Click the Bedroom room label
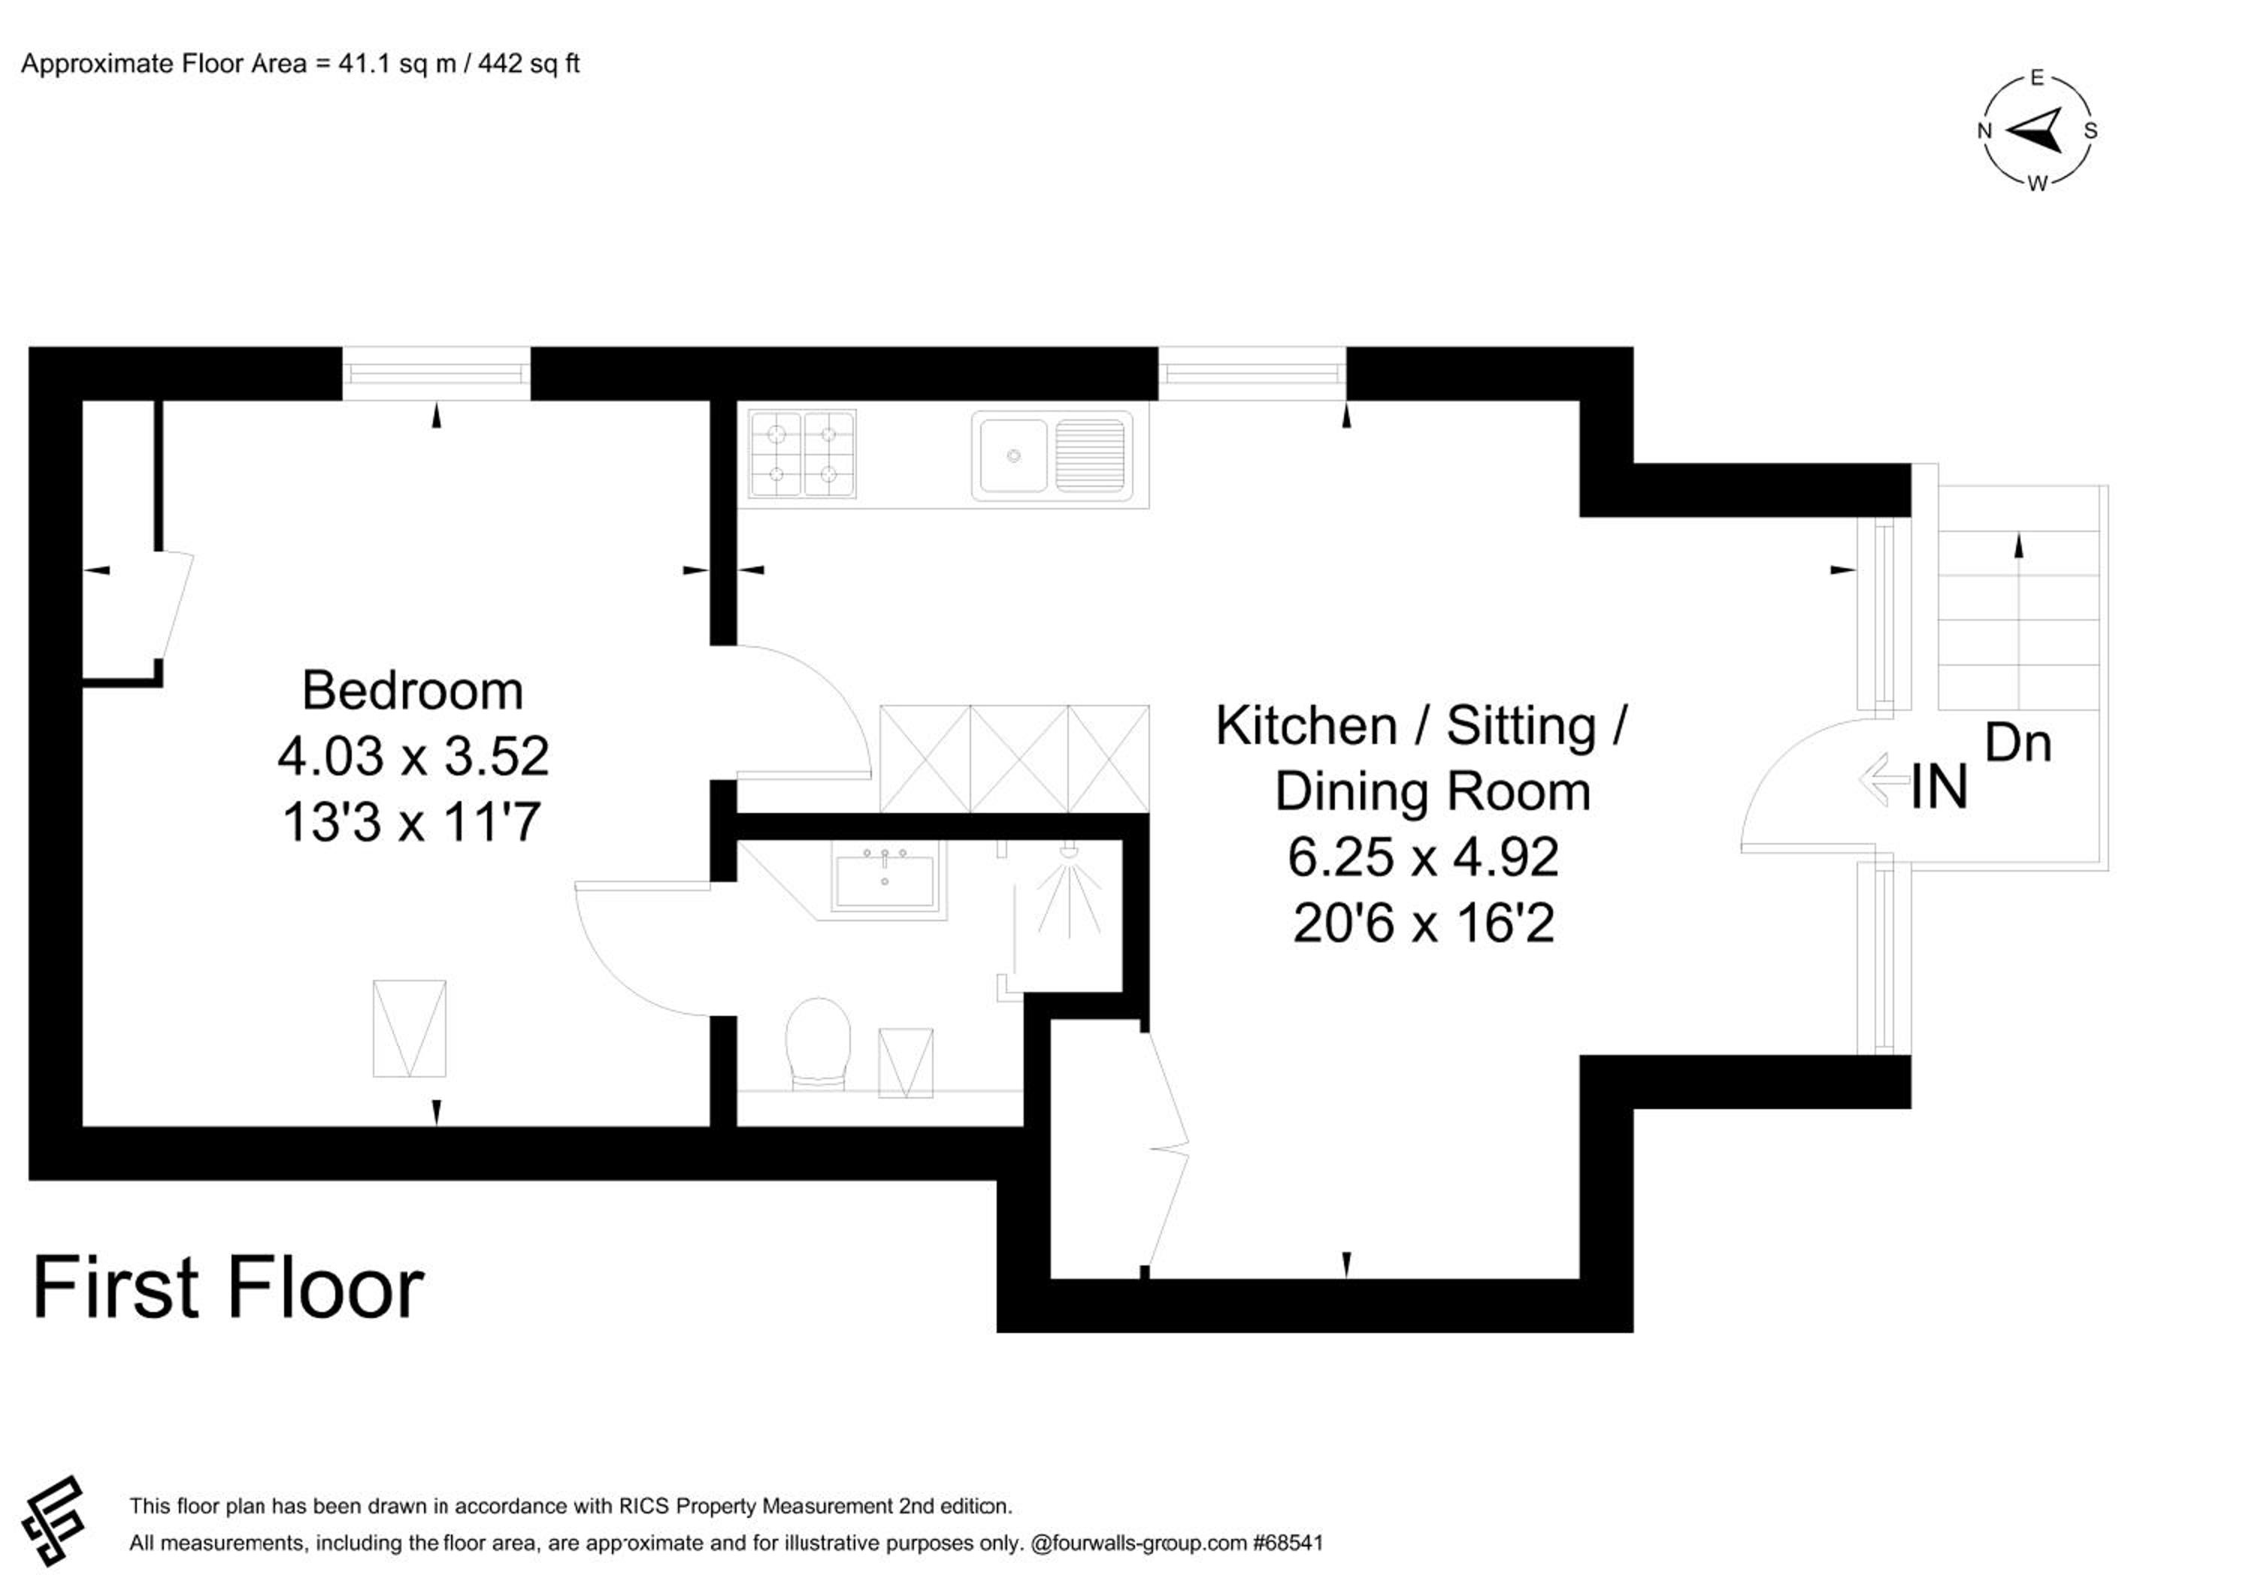tap(413, 691)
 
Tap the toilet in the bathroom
tap(818, 1044)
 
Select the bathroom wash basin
tap(885, 881)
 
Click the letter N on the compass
tap(1984, 131)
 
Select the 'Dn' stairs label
tap(2018, 743)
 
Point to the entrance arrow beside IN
tap(1884, 780)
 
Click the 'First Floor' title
tap(228, 1287)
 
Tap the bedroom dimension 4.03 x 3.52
tap(413, 756)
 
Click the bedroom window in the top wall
tap(436, 373)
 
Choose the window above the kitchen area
tap(1252, 373)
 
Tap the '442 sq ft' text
tap(528, 64)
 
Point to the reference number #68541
tap(1288, 1543)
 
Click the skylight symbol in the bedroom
tap(410, 1028)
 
